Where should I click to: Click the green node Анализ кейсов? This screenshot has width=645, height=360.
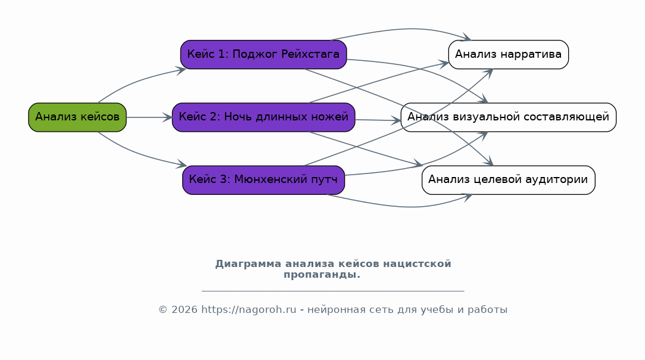coord(77,117)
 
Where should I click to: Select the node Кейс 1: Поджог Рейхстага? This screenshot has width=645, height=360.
coord(264,54)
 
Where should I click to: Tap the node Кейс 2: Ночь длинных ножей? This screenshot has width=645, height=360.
coord(264,117)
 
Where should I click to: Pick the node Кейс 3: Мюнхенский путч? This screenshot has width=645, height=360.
coord(264,180)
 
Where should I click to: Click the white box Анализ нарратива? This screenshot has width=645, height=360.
coord(509,54)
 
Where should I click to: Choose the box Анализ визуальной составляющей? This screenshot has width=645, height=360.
coord(509,117)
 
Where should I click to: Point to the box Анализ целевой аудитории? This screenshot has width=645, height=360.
coord(509,180)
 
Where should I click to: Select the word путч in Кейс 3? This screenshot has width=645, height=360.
coord(325,180)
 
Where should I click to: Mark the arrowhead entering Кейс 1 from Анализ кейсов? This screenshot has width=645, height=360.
coord(182,70)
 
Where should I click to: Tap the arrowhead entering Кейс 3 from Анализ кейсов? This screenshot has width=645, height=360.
coord(182,165)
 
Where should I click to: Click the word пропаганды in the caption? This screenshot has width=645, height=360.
coord(321,275)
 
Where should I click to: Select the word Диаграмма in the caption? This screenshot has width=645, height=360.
coord(248,264)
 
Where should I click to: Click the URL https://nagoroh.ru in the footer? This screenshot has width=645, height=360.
coord(248,310)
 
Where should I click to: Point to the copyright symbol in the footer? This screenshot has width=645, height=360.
coord(163,310)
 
